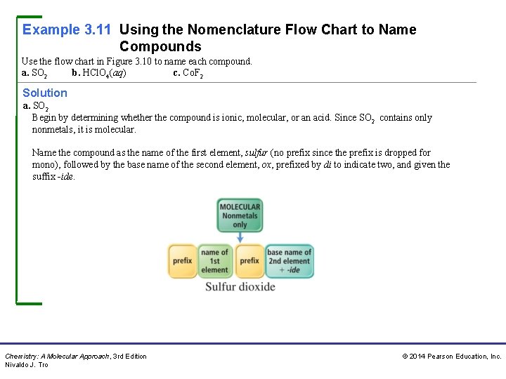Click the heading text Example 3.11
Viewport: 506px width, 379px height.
point(67,29)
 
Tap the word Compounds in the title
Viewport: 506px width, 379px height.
point(160,47)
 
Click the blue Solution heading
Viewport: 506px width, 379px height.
point(45,93)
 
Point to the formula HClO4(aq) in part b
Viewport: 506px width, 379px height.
point(104,72)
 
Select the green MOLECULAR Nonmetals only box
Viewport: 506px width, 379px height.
point(240,215)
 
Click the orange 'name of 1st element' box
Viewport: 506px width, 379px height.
point(214,261)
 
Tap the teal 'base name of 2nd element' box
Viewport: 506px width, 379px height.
point(289,261)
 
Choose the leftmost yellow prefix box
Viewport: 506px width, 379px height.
point(182,261)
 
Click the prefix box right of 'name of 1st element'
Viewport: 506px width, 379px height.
point(249,261)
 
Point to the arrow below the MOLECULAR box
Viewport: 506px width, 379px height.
point(240,237)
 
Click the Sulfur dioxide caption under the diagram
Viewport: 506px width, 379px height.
point(240,286)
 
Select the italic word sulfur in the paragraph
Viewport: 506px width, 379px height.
point(257,152)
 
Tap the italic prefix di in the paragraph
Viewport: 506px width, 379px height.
point(327,164)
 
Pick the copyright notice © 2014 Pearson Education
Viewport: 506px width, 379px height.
point(451,357)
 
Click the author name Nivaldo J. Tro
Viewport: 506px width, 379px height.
point(27,365)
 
